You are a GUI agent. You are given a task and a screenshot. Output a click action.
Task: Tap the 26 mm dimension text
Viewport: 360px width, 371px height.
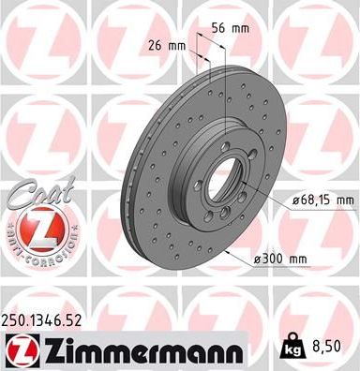point(168,45)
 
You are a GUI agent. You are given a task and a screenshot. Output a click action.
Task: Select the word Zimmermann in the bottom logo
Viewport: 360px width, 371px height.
point(140,352)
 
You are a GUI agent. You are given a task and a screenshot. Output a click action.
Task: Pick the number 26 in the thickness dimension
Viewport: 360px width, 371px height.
point(157,45)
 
